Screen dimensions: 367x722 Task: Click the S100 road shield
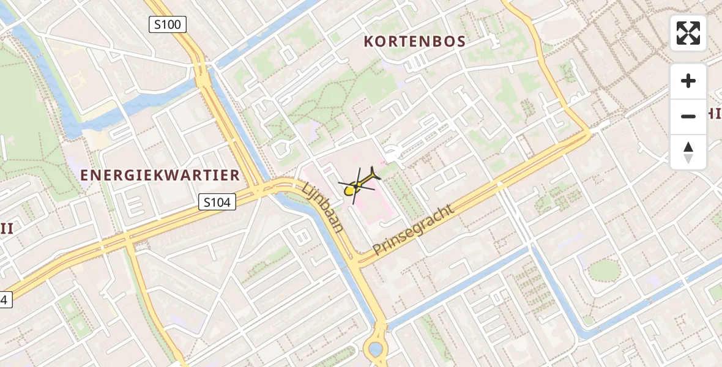click(x=168, y=25)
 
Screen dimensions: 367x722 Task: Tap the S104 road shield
click(x=217, y=202)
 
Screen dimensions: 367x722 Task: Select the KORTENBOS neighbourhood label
click(x=415, y=42)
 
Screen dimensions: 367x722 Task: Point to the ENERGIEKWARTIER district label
click(x=160, y=176)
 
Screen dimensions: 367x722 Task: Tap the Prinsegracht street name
click(x=414, y=229)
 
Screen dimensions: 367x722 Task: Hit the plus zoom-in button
click(x=688, y=81)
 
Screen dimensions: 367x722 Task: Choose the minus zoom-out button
click(x=688, y=116)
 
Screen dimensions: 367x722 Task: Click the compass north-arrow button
click(x=688, y=152)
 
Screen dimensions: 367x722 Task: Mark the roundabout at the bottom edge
click(x=375, y=350)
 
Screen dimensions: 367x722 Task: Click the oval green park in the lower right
click(x=604, y=270)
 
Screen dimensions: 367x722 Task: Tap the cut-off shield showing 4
click(x=5, y=300)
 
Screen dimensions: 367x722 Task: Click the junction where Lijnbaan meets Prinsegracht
click(x=357, y=259)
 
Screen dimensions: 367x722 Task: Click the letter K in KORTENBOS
click(x=369, y=42)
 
